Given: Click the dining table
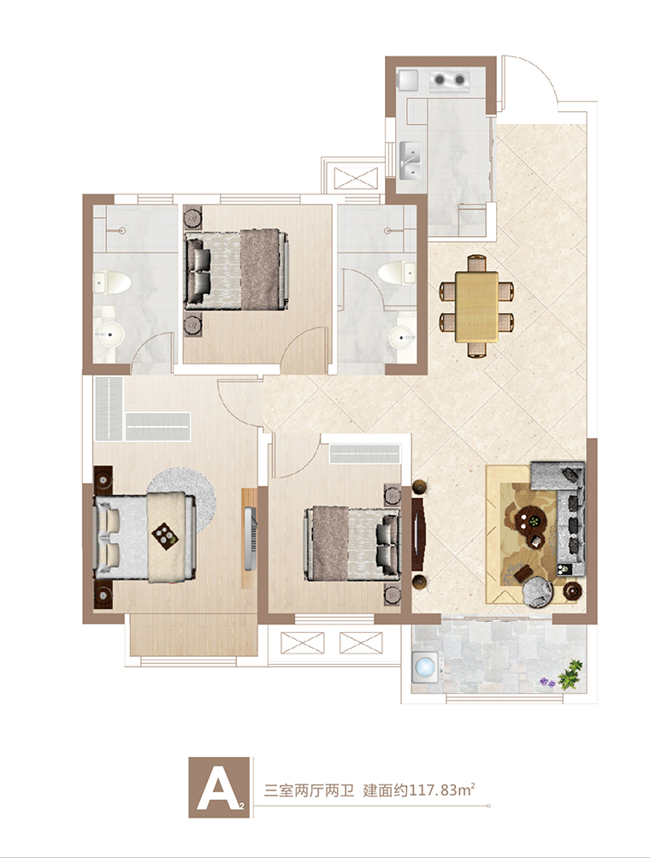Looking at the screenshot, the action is [476, 306].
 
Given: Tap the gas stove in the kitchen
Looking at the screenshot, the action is [450, 80].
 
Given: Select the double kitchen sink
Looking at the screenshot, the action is [411, 160].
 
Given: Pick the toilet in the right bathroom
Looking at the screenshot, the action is [396, 272].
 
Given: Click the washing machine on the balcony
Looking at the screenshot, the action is [426, 667].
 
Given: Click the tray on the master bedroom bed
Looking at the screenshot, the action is [165, 534].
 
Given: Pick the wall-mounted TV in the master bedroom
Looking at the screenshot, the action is [251, 539].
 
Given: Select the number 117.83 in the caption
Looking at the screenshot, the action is [433, 790].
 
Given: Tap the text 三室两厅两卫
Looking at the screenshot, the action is [310, 790].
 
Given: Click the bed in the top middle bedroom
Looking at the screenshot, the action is [236, 269].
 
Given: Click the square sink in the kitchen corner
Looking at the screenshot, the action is [408, 80].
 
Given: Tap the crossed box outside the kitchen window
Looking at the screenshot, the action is [356, 178].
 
